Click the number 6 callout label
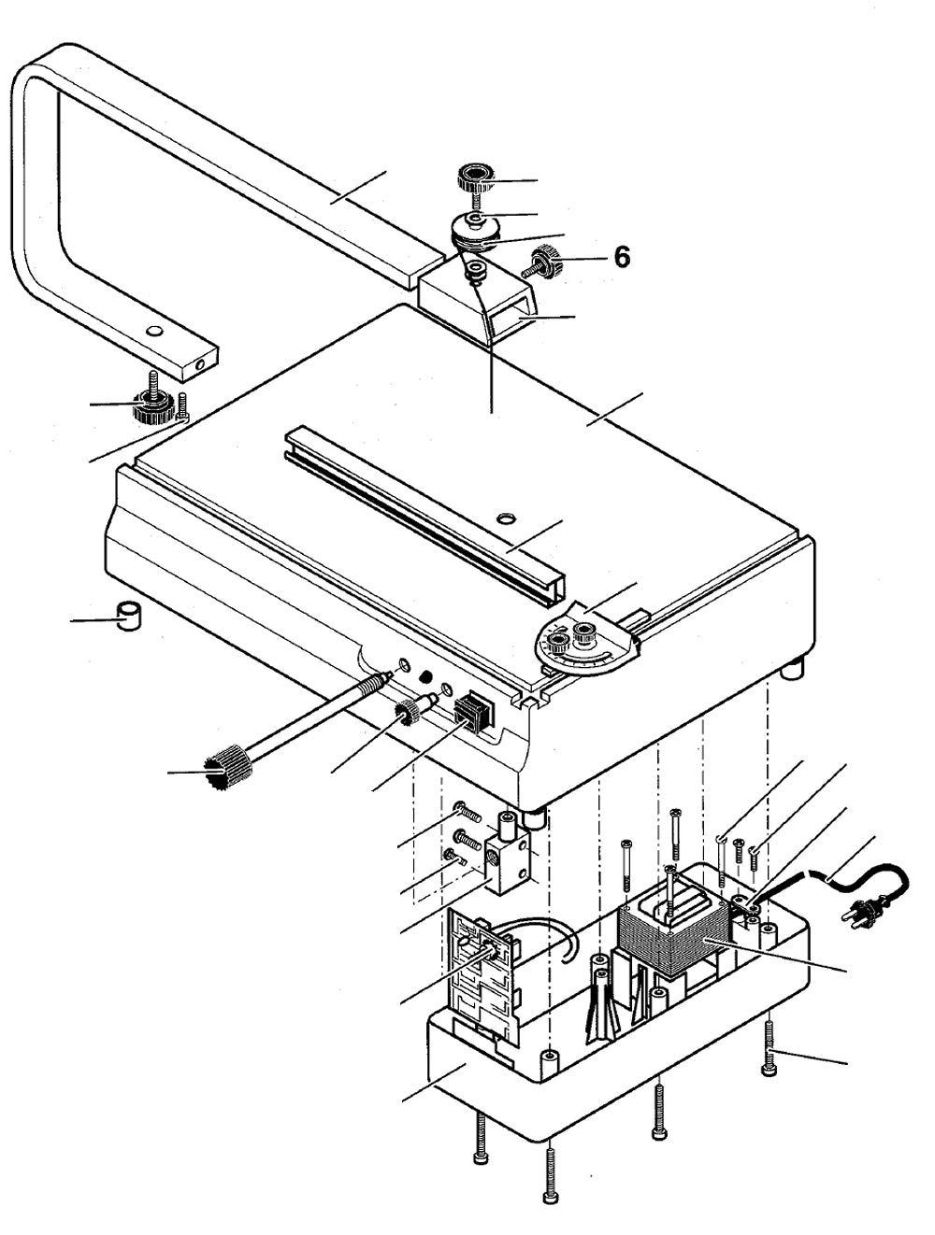click(622, 257)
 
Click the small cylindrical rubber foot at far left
click(127, 617)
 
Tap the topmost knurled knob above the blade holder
click(474, 177)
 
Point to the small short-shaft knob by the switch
click(409, 716)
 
